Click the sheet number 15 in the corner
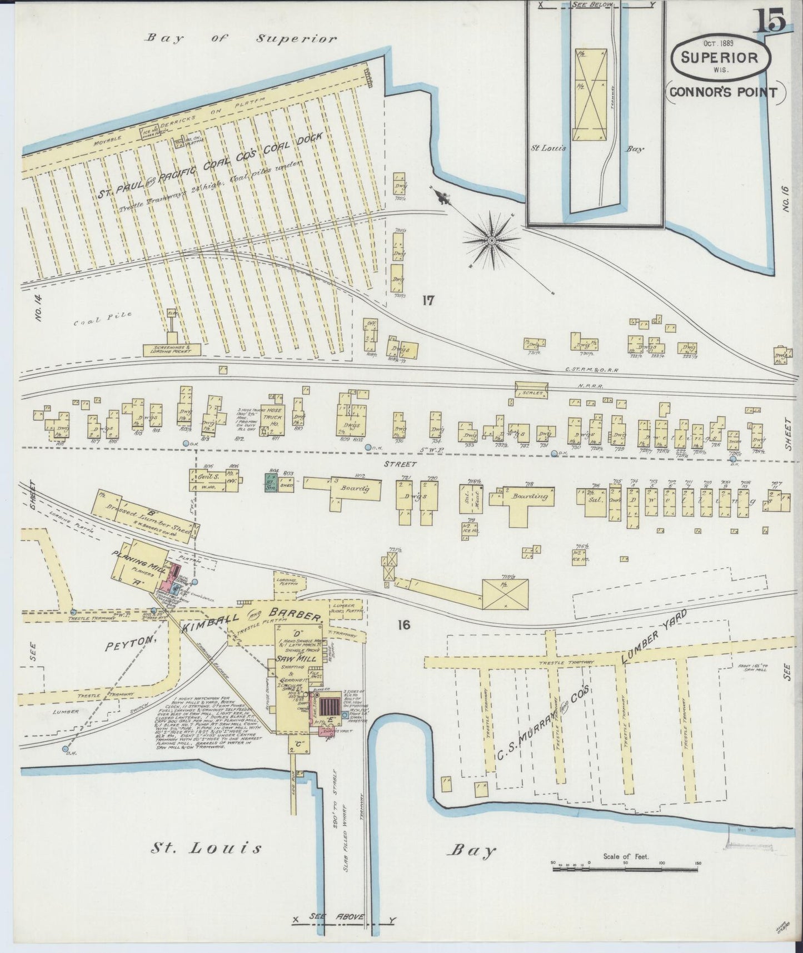point(770,21)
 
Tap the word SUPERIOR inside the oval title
point(720,57)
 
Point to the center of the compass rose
point(492,240)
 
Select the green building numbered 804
point(271,482)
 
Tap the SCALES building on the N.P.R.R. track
point(532,392)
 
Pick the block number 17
point(427,301)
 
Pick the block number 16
point(403,625)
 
